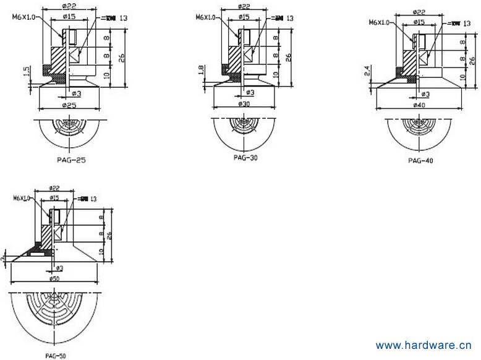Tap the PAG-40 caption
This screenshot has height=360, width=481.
pyautogui.click(x=420, y=160)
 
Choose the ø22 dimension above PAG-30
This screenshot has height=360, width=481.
pyautogui.click(x=244, y=6)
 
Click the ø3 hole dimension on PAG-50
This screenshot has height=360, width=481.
pyautogui.click(x=59, y=268)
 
